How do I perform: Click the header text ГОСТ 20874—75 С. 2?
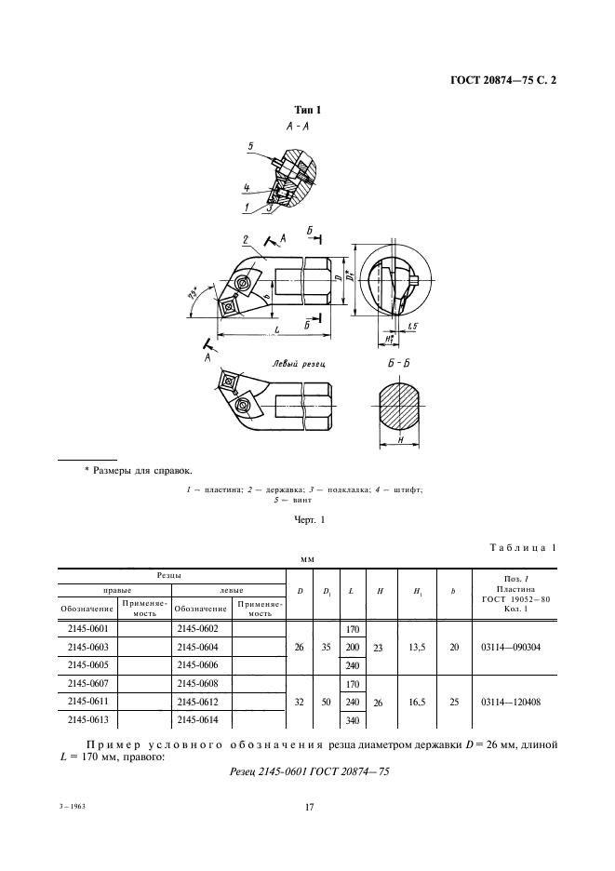[502, 81]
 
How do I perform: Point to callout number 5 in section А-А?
[251, 146]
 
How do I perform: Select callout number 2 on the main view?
[245, 237]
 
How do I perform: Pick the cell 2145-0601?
[88, 628]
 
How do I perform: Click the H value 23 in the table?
[379, 646]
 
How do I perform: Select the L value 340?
[353, 720]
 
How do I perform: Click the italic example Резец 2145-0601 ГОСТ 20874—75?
[308, 771]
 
